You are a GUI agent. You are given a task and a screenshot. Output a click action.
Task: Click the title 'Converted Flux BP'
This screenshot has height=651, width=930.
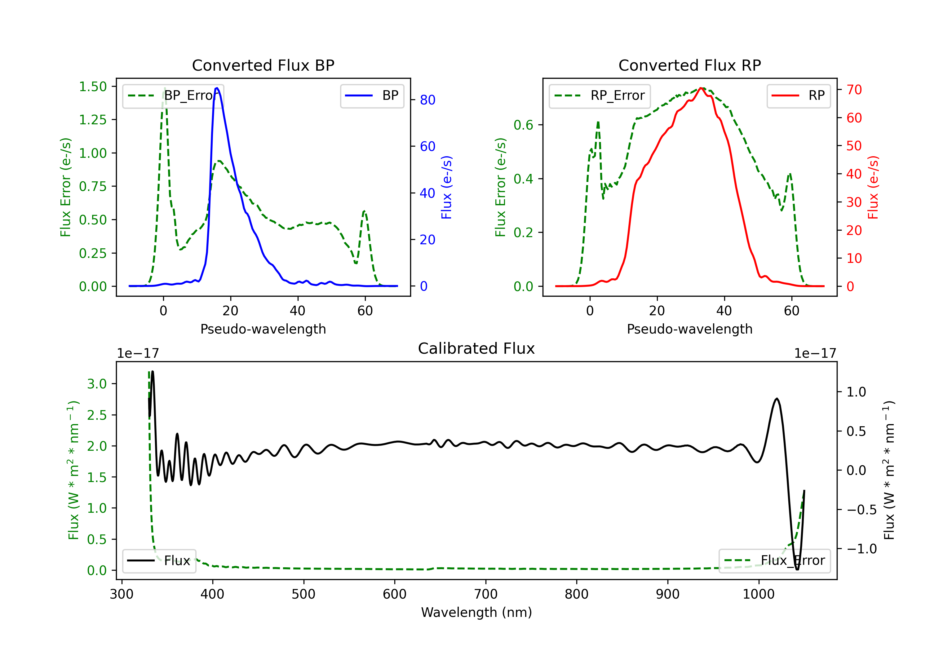[x=263, y=65]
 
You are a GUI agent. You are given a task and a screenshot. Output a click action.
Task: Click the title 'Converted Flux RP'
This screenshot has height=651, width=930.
[x=689, y=65]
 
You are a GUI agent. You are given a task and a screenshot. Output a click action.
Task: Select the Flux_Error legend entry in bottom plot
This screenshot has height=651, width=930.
[x=774, y=561]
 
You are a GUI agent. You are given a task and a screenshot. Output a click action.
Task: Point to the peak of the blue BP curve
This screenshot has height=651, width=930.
[x=217, y=88]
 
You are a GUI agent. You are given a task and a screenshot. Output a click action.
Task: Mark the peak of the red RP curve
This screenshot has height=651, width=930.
[x=701, y=88]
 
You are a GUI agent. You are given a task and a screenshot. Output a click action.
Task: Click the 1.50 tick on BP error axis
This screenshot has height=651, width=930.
[x=93, y=87]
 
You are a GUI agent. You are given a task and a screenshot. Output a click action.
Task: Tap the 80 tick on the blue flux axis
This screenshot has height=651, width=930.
[x=427, y=100]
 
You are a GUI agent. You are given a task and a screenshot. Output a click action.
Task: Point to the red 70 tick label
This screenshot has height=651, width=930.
[x=854, y=90]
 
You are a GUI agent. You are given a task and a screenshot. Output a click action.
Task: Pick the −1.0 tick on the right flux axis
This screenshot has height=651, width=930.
[x=861, y=549]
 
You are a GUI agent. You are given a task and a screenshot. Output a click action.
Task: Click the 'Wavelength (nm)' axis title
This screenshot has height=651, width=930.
[x=476, y=613]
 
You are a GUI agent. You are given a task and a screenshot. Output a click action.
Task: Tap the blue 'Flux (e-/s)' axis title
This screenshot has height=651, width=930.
[x=446, y=188]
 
